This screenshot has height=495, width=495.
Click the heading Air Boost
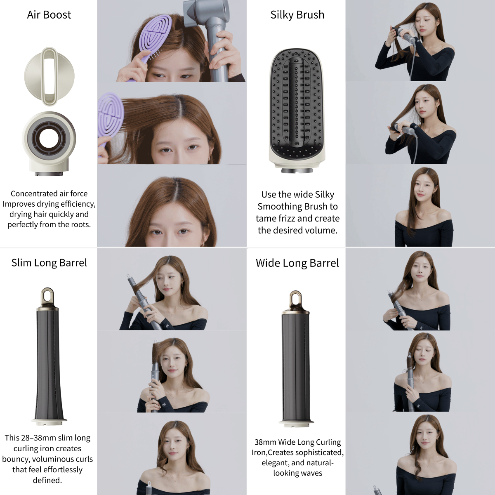pos(49,15)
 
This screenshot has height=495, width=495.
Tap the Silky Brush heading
pos(297,15)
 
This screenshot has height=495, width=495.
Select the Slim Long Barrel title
pos(49,263)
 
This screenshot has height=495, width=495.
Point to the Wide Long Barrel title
pos(297,263)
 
